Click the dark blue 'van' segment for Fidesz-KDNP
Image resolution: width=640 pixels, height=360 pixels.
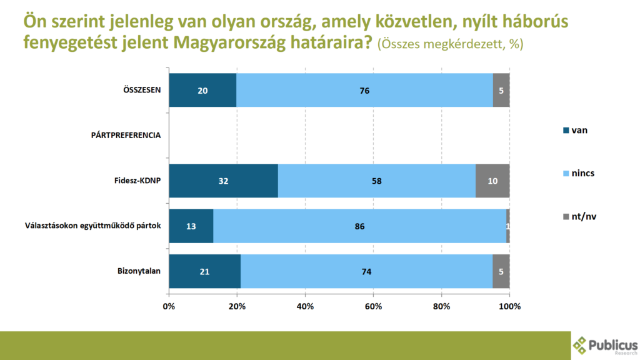pyautogui.click(x=223, y=181)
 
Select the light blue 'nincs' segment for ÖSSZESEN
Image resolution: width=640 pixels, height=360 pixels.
pyautogui.click(x=364, y=90)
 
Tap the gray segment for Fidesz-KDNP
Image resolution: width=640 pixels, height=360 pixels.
pyautogui.click(x=492, y=181)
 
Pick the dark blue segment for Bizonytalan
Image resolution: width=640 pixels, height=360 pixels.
pyautogui.click(x=204, y=271)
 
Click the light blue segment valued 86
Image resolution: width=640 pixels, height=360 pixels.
pyautogui.click(x=359, y=226)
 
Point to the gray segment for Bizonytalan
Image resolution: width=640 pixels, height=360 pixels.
pyautogui.click(x=501, y=271)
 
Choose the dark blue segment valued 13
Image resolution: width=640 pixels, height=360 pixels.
pyautogui.click(x=191, y=226)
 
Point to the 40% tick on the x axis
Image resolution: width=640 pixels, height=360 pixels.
pyautogui.click(x=305, y=306)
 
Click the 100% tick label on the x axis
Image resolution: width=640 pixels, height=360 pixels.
pyautogui.click(x=509, y=306)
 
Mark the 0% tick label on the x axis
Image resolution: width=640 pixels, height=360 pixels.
pyautogui.click(x=169, y=306)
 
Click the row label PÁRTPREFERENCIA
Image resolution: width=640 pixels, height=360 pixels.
pyautogui.click(x=126, y=135)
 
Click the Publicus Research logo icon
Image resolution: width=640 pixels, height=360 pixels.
pyautogui.click(x=581, y=345)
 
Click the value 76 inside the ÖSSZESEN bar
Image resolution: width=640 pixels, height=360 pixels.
pyautogui.click(x=364, y=91)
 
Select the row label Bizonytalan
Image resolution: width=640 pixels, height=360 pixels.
pyautogui.click(x=139, y=271)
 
